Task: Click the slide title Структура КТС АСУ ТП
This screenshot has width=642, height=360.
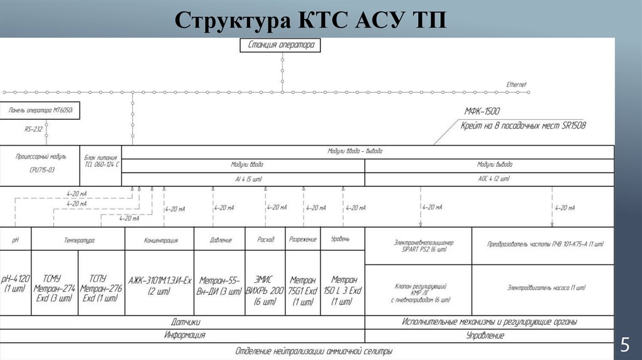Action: click(x=311, y=20)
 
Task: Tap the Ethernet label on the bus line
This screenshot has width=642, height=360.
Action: click(x=517, y=85)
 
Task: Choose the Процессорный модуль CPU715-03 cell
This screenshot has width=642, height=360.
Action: click(x=39, y=164)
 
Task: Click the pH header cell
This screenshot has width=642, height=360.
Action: click(x=16, y=240)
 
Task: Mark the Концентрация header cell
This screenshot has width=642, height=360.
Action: click(x=160, y=240)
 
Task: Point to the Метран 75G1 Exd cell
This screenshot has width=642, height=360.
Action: click(x=303, y=289)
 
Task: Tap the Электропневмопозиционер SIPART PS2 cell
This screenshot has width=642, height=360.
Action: click(x=419, y=245)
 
